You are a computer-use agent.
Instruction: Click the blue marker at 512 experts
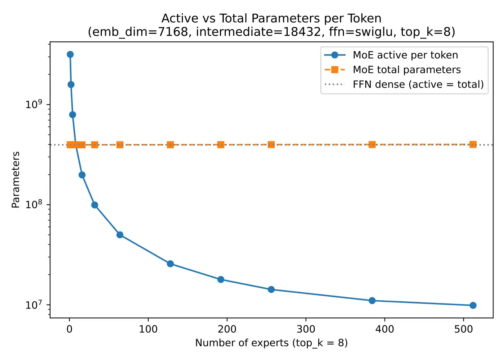pos(473,305)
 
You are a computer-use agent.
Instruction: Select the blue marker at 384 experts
pos(372,301)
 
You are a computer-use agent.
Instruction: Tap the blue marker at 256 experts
pos(271,289)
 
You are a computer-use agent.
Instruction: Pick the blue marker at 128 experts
pos(170,264)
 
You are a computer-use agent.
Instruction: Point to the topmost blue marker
pos(70,54)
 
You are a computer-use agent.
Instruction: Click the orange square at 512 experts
pos(473,144)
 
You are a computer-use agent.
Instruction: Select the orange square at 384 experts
pos(372,144)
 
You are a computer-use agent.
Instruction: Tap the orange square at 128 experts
pos(170,145)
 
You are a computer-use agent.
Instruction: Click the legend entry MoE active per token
pos(405,55)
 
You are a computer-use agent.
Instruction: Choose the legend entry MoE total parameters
pos(406,69)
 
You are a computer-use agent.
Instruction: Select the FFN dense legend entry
pos(418,84)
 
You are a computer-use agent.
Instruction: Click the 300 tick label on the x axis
pos(306,329)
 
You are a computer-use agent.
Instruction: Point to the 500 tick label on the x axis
pos(463,329)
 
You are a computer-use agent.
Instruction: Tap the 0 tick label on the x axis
pos(69,329)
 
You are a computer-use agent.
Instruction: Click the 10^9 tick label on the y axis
pos(33,104)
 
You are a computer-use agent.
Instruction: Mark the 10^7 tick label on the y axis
pos(33,305)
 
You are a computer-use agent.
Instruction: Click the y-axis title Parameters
pos(15,180)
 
